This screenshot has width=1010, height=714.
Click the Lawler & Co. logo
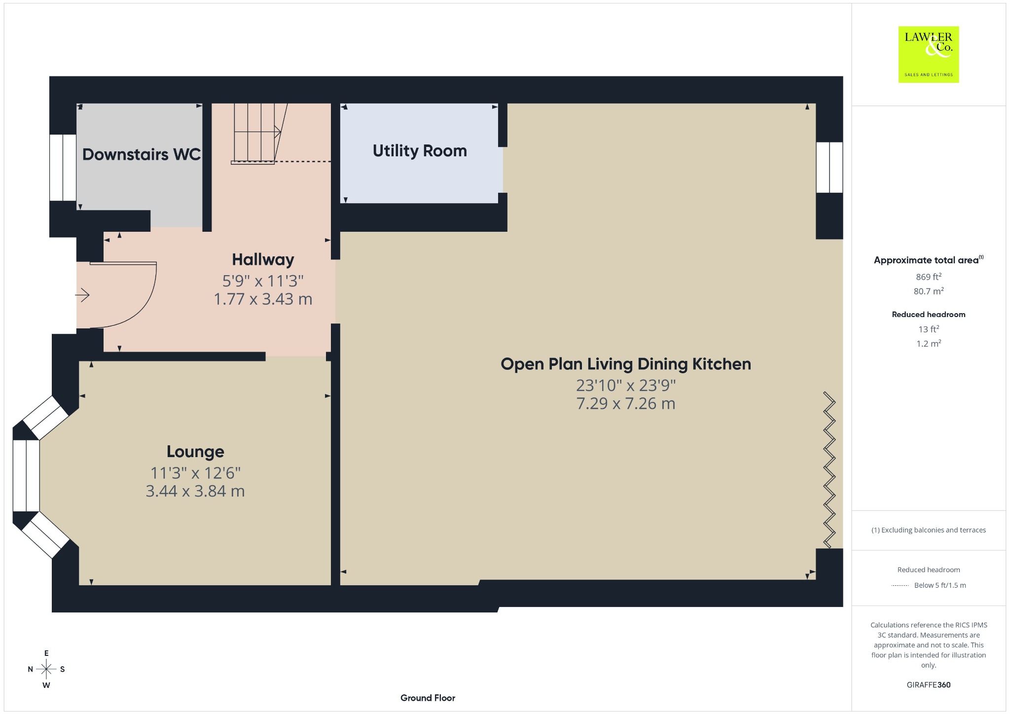pos(928,54)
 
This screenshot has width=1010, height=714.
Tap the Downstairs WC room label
pos(142,154)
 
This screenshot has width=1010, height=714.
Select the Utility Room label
pos(420,151)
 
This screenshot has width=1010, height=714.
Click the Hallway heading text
pos(263,260)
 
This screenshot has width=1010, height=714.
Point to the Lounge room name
pos(195,452)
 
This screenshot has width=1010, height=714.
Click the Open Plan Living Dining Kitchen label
pos(626,364)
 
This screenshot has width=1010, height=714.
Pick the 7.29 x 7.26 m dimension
pos(626,403)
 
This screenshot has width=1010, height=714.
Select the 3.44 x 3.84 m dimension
pos(195,491)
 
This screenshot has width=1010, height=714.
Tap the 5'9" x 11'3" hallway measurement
pos(263,281)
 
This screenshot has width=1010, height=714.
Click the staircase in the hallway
pos(256,133)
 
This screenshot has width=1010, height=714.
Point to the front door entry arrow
pos(82,295)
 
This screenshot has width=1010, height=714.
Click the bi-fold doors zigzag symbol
pos(830,470)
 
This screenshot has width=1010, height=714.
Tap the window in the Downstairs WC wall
pos(63,168)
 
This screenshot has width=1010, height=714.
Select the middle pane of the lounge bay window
pos(26,475)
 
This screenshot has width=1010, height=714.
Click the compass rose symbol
pos(46,669)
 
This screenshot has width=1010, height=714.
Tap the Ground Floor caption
pos(428,698)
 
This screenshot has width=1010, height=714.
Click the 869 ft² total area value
pos(929,277)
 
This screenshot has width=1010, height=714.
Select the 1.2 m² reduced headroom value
pos(929,344)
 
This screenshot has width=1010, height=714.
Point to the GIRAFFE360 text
pos(929,685)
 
